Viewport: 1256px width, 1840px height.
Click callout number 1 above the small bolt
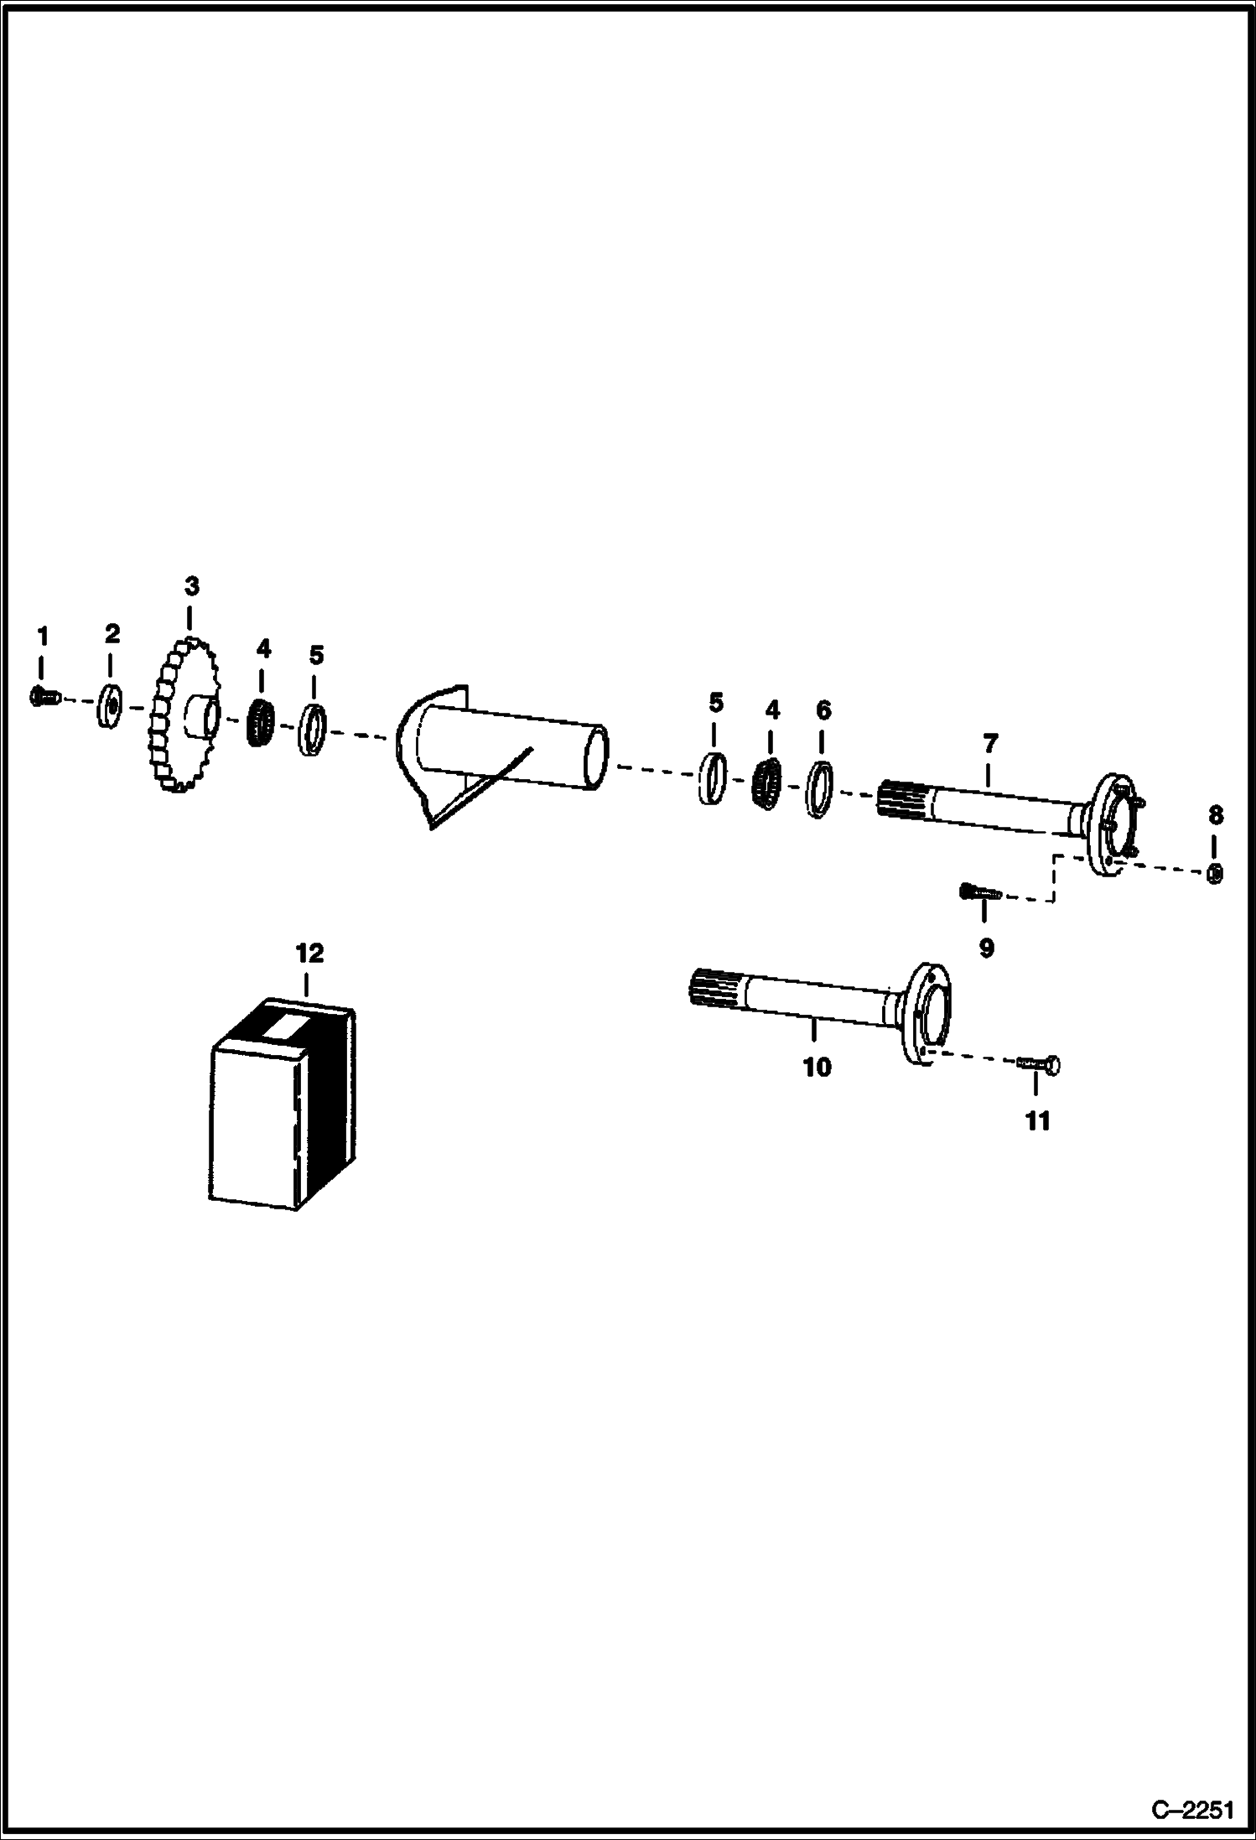coord(42,637)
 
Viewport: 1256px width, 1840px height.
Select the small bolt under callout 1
coord(43,695)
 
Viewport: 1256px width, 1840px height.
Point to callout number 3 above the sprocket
coord(192,585)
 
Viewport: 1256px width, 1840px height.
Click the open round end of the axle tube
coord(595,758)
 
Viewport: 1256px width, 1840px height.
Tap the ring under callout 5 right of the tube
coord(713,778)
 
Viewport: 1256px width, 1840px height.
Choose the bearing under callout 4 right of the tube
coord(766,784)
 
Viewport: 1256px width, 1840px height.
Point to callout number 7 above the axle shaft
coord(990,743)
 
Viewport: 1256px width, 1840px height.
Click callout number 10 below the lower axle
coord(817,1068)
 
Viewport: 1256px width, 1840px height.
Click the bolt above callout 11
coord(1040,1063)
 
